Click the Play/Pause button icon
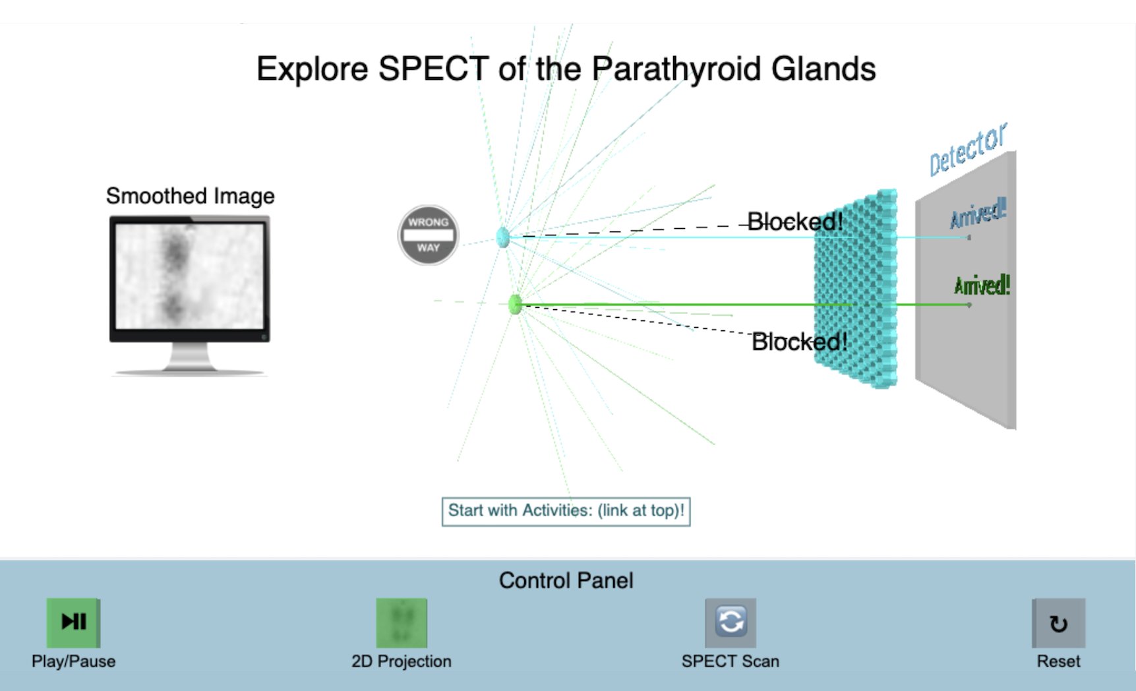pos(73,622)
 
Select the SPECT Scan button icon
pos(730,622)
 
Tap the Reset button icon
pos(1058,623)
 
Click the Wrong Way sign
pos(428,235)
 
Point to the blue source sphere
pos(503,237)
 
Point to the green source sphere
pos(516,305)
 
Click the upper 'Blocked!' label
pos(794,222)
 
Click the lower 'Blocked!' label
pos(799,342)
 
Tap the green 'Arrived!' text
pos(982,285)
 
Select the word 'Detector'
pos(967,150)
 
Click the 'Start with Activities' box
pos(566,511)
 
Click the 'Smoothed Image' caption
pos(190,196)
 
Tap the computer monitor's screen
pos(190,275)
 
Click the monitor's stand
pos(190,359)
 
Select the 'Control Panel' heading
pos(566,580)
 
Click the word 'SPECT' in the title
pos(433,69)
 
